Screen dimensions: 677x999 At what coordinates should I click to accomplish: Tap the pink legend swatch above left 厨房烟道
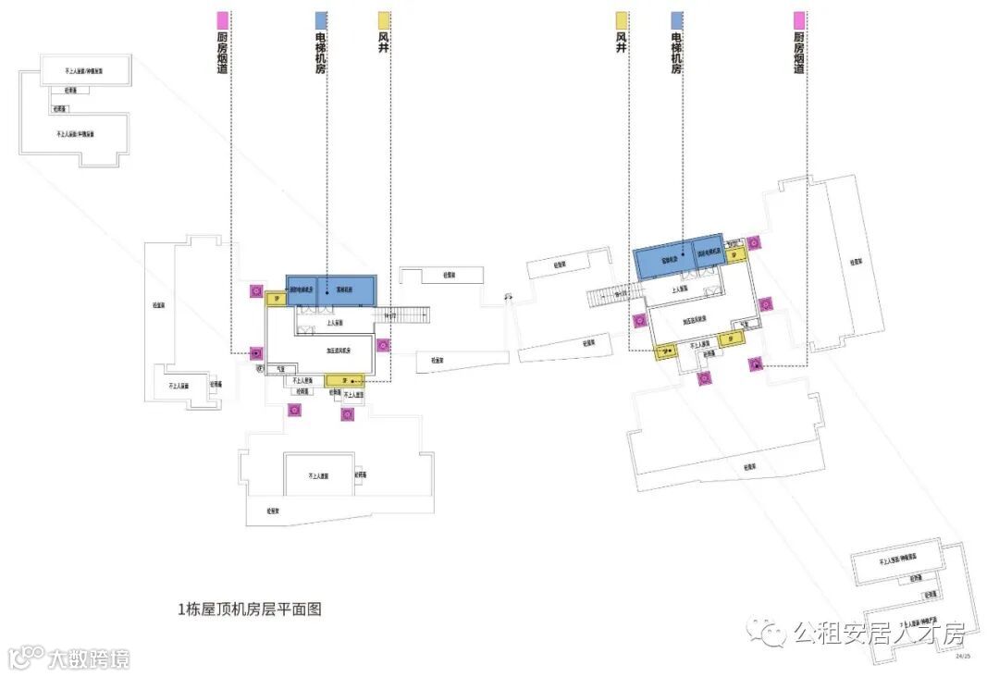point(222,20)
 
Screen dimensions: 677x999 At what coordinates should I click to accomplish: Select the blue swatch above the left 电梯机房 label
point(321,20)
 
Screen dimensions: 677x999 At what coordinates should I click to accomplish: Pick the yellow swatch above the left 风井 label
point(384,20)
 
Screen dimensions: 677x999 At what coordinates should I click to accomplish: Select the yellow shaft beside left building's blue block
point(276,299)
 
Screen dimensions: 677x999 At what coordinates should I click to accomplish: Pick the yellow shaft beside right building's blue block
point(737,254)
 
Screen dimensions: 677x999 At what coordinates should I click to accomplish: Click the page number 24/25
point(963,656)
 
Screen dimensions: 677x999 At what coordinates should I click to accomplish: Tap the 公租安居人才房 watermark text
point(878,634)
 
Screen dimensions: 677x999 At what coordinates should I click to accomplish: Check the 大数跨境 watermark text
point(88,659)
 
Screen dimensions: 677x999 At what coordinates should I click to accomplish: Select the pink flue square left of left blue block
point(255,291)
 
